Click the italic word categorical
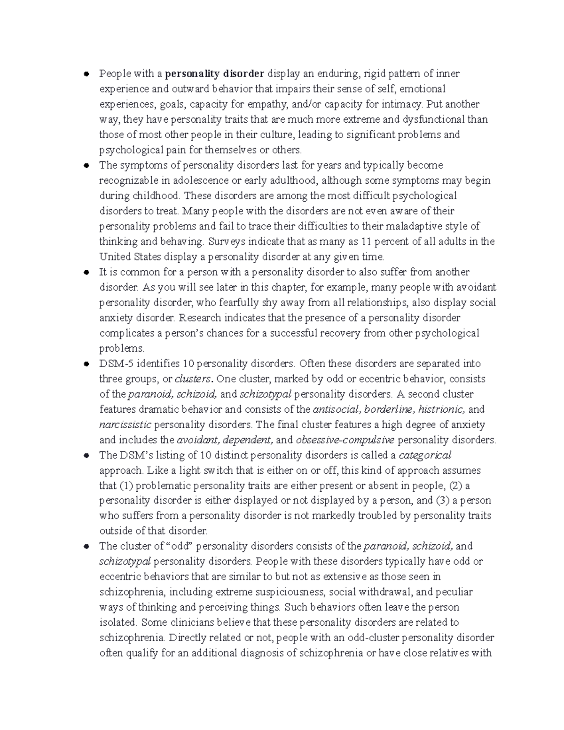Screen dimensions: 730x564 click(x=425, y=455)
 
